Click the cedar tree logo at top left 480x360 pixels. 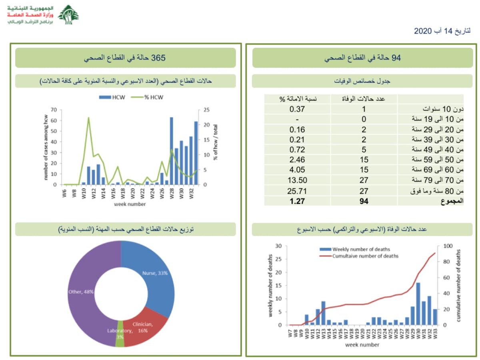pyautogui.click(x=68, y=15)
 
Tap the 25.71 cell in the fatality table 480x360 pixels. pyautogui.click(x=298, y=191)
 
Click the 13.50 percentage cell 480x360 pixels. pyautogui.click(x=298, y=181)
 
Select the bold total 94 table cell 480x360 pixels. pyautogui.click(x=364, y=202)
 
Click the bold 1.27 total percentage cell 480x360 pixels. pyautogui.click(x=298, y=202)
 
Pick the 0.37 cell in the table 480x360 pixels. pyautogui.click(x=298, y=109)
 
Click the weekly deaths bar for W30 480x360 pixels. pyautogui.click(x=418, y=304)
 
